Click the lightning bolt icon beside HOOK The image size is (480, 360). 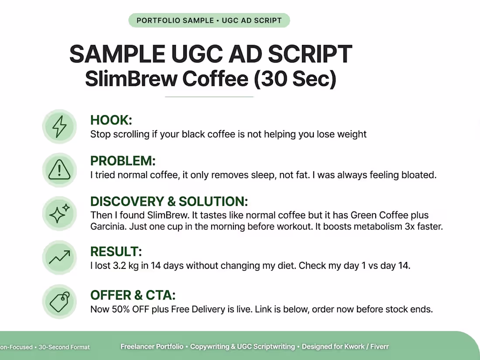pos(59,127)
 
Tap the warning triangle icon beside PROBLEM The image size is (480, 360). pos(59,170)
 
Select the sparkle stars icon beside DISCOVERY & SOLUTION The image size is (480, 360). pos(59,213)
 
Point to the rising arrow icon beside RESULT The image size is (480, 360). pos(59,257)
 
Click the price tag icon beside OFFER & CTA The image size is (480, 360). pos(60,302)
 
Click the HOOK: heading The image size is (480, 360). pos(111,120)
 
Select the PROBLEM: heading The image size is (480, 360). pos(123,161)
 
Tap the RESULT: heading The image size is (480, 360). pos(116,252)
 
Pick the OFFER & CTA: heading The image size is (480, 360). pos(133,295)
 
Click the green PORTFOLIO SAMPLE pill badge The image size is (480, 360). pos(209,21)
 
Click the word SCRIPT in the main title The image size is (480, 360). pos(310,54)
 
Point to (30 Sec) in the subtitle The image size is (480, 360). pos(295,79)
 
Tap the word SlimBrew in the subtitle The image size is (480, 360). pos(131,79)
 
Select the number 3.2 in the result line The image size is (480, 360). pos(120,265)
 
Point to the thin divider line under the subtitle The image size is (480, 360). pos(209,97)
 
